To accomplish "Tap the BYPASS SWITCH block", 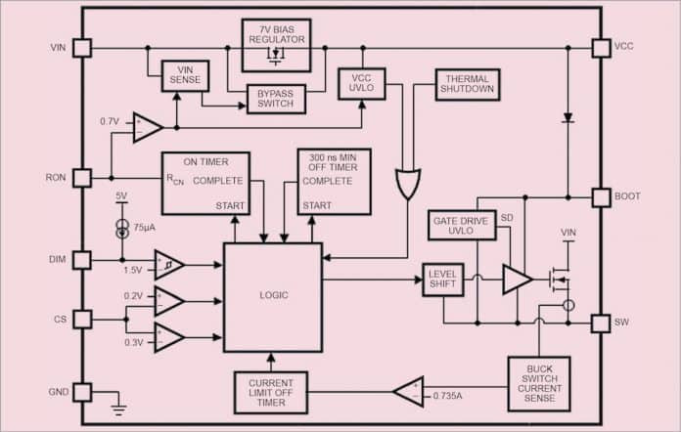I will (262, 100).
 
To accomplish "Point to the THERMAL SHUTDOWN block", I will (468, 84).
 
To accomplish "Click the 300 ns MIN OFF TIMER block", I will (334, 182).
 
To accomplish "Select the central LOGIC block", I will (273, 295).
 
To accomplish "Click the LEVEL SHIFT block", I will (442, 280).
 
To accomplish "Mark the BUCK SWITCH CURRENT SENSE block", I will (539, 382).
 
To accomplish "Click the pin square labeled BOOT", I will (601, 196).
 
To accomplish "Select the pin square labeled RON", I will (82, 178).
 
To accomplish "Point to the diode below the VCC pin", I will (567, 118).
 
